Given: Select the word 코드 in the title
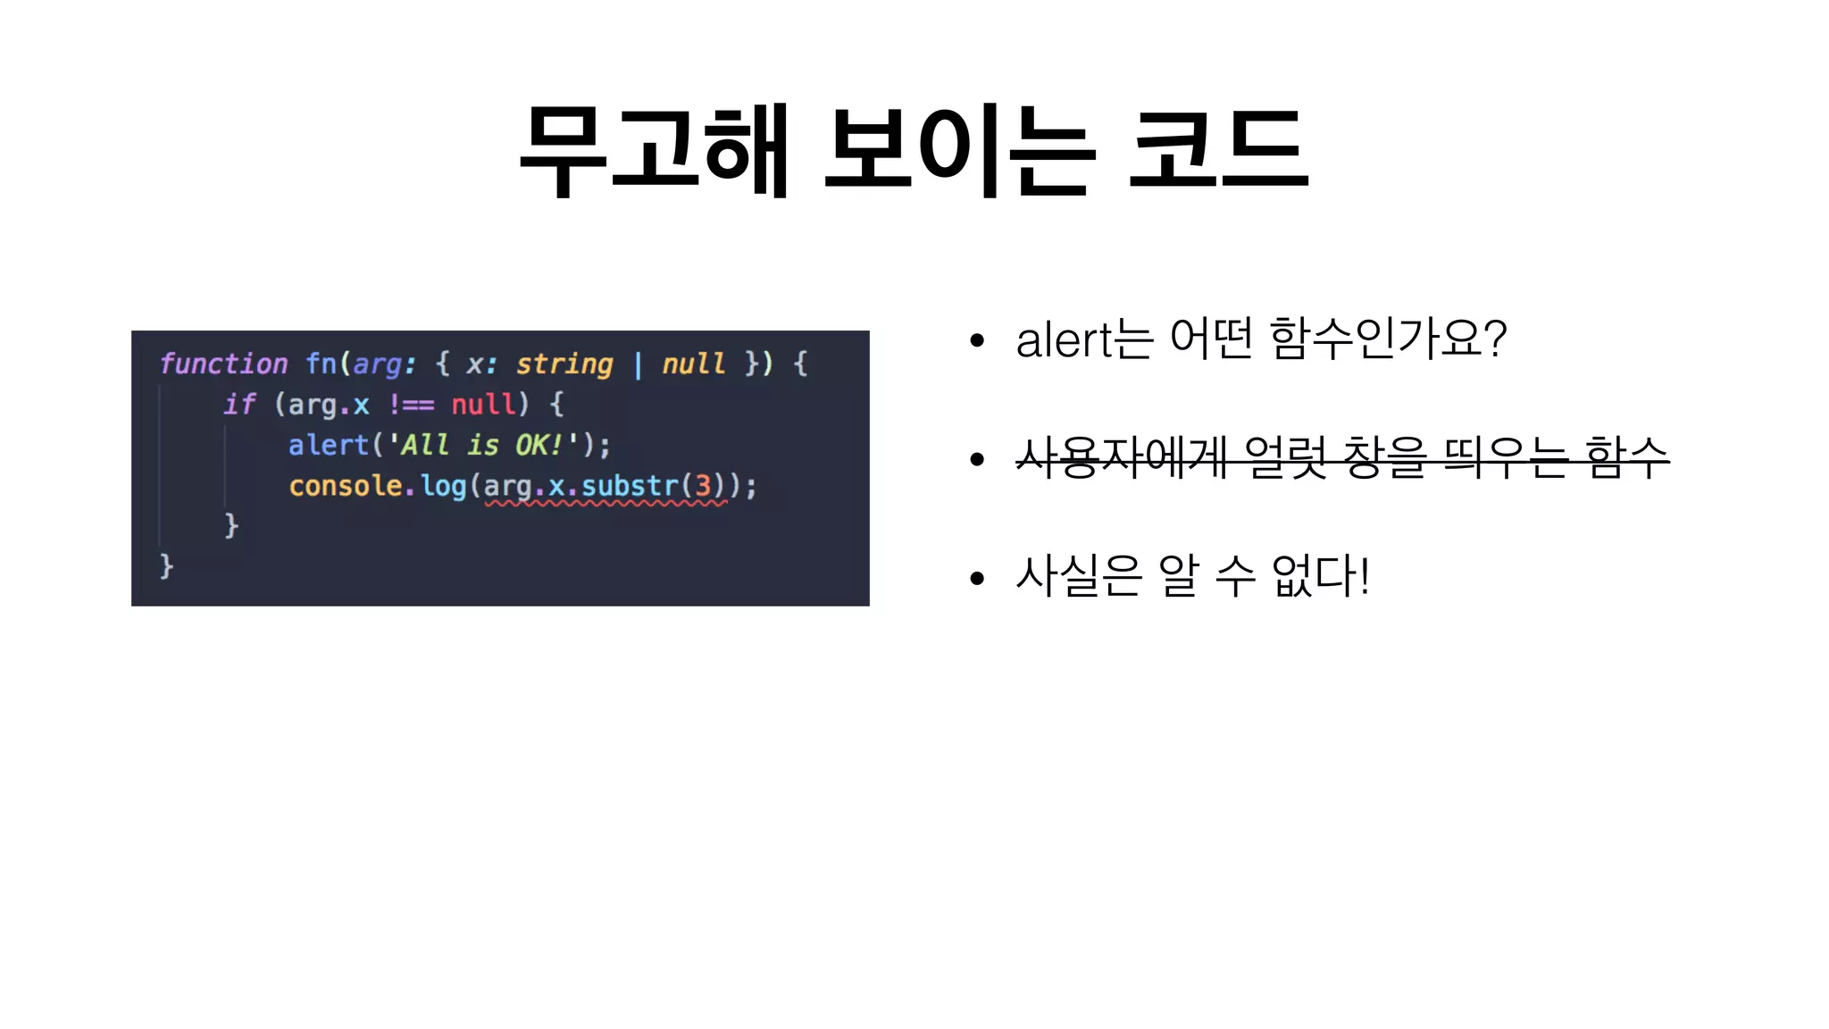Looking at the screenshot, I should click(x=1218, y=149).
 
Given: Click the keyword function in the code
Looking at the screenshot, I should click(x=223, y=364).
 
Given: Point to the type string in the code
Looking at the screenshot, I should click(x=564, y=364).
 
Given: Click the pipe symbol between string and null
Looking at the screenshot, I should click(x=638, y=364).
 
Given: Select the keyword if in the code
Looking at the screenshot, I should click(x=239, y=405).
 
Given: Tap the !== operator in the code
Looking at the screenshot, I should click(x=411, y=405).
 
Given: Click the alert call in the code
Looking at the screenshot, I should click(x=328, y=445).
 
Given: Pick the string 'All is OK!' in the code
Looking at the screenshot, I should click(x=482, y=445).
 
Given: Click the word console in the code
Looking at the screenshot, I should click(x=346, y=486).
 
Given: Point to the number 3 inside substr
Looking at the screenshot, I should click(x=703, y=486).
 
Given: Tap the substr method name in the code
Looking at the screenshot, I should click(x=631, y=486).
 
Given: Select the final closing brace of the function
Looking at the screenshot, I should click(x=166, y=565).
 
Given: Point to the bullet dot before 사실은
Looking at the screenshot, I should click(x=976, y=578).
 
